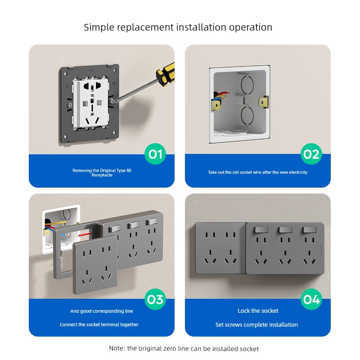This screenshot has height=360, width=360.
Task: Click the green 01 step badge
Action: point(155,154)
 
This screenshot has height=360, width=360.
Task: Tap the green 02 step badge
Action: point(311,154)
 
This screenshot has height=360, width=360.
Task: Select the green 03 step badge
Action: point(155,299)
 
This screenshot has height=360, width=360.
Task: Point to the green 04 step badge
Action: point(311,299)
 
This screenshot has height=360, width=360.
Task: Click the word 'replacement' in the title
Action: point(145,27)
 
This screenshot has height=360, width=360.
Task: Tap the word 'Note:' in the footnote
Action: point(117,348)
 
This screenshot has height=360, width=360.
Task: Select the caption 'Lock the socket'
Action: point(258,310)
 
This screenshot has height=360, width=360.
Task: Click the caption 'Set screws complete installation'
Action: point(256,324)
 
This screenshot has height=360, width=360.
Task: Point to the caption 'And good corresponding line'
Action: point(102,311)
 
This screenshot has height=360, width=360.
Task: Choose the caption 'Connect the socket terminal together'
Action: point(99,324)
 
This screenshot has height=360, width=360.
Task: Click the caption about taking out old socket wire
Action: point(257,172)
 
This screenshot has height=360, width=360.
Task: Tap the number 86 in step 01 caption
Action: point(129,171)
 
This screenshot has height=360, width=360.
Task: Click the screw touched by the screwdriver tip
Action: point(112,101)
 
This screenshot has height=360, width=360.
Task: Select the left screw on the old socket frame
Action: point(70,105)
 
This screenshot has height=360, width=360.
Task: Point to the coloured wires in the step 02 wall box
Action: point(221,96)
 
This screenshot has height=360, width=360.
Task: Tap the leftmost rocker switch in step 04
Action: point(261,230)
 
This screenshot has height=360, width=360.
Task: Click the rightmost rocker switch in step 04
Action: point(309,230)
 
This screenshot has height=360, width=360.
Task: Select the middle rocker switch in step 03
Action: point(133,225)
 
